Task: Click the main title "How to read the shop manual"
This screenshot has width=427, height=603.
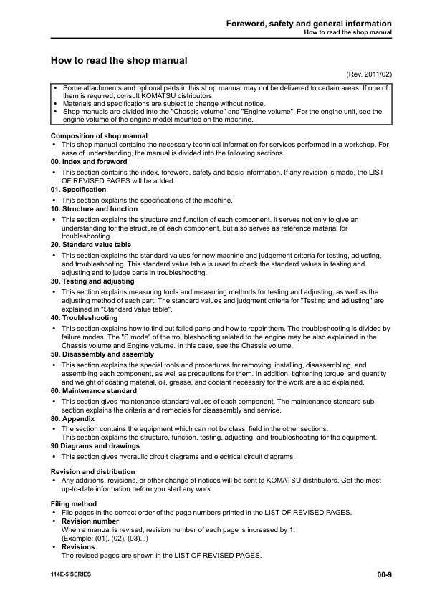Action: point(119,61)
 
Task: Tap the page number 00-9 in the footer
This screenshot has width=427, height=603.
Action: point(383,574)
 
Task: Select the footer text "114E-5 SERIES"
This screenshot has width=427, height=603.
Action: point(71,574)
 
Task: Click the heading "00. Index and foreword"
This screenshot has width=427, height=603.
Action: point(89,162)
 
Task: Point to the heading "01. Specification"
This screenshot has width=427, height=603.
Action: point(79,190)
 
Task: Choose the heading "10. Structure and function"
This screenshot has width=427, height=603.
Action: point(94,208)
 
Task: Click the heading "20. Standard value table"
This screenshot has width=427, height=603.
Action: point(91,245)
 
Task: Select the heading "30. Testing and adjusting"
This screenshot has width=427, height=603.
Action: point(92,281)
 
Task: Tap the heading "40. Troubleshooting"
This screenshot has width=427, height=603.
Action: point(85,317)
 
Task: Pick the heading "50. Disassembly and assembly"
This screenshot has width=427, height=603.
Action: point(102,354)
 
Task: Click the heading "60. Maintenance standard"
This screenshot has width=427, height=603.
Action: point(94,391)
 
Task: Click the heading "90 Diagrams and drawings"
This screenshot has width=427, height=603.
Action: point(95,446)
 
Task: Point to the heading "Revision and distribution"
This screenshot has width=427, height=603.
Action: point(93,471)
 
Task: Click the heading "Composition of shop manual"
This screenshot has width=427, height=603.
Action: point(100,135)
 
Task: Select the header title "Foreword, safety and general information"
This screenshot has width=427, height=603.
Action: point(309,24)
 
